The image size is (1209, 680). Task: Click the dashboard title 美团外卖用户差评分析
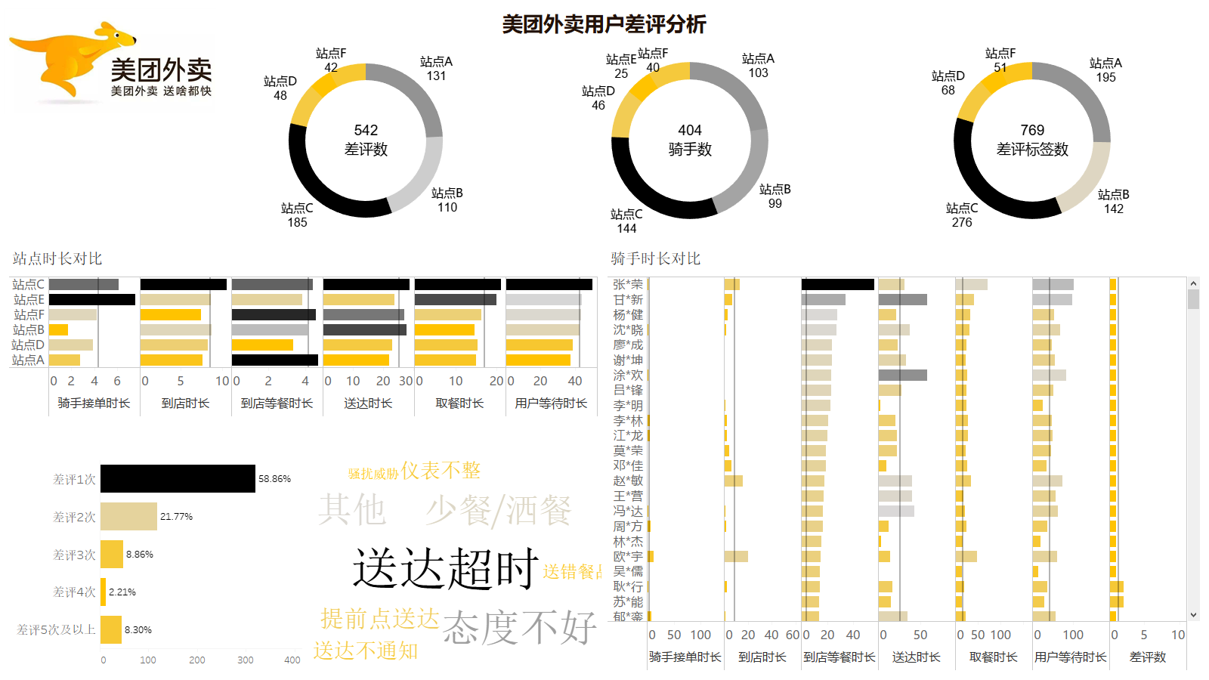pos(604,24)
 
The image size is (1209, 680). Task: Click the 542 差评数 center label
pos(366,140)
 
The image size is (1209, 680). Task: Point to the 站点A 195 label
pos(1105,70)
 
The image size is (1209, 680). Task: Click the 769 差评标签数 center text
pos(1032,140)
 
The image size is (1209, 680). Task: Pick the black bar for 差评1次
pos(178,479)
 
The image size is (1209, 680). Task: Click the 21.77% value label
pos(176,517)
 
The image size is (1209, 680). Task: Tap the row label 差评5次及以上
pos(56,629)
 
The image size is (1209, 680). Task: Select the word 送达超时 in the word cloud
pos(446,568)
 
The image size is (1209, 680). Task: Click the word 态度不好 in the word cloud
pos(520,627)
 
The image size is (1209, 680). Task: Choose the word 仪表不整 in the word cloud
pos(441,471)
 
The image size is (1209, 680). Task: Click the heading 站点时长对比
pos(57,258)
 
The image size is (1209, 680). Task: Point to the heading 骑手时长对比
pos(655,258)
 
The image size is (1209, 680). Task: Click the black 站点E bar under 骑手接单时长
pos(91,300)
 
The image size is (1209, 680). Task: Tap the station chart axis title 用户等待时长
pos(551,403)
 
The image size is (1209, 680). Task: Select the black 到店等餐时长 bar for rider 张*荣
pos(837,285)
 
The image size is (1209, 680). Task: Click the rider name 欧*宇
pos(628,557)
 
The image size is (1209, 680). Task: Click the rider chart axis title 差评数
pos(1147,657)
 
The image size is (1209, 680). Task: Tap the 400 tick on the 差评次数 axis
pos(292,660)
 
